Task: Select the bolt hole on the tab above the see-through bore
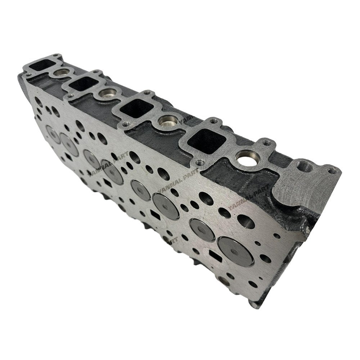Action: pyautogui.click(x=266, y=143)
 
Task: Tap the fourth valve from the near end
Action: pyautogui.click(x=140, y=190)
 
